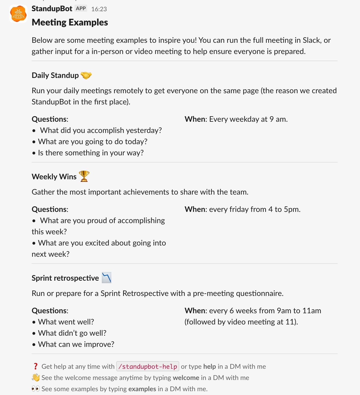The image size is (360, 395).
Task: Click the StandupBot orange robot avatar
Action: [18, 14]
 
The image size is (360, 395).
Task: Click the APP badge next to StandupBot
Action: [81, 8]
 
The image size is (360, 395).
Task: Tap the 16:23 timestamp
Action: [99, 9]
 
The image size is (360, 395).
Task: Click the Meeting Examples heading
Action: [70, 22]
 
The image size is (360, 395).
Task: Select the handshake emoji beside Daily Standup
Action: [86, 75]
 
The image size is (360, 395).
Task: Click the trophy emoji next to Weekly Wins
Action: [84, 176]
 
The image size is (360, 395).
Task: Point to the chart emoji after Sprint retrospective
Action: [107, 278]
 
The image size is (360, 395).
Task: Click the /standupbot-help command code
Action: [148, 366]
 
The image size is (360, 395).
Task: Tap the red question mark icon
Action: [35, 366]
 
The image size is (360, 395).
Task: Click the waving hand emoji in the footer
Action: [36, 377]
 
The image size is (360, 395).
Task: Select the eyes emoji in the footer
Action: [36, 389]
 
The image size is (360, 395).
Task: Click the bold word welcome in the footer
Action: [186, 378]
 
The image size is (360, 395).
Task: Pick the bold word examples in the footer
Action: [142, 389]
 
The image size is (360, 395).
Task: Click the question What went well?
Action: [66, 322]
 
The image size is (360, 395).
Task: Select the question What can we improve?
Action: [76, 344]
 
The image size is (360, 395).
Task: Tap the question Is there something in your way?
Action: [91, 153]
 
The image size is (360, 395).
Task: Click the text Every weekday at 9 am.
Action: [248, 119]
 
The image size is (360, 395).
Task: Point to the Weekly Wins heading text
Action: [54, 177]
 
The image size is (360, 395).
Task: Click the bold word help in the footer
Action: [210, 366]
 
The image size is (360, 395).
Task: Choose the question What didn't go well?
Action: [72, 333]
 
